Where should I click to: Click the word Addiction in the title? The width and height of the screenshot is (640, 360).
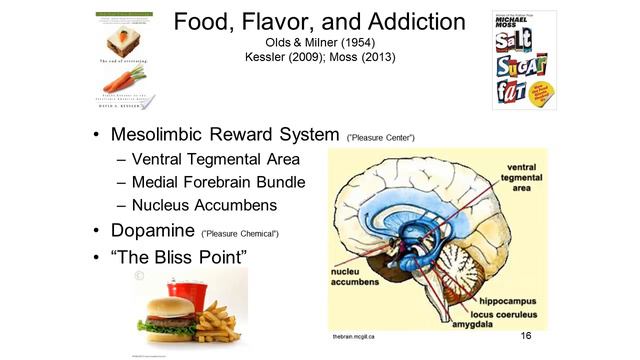point(407,22)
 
